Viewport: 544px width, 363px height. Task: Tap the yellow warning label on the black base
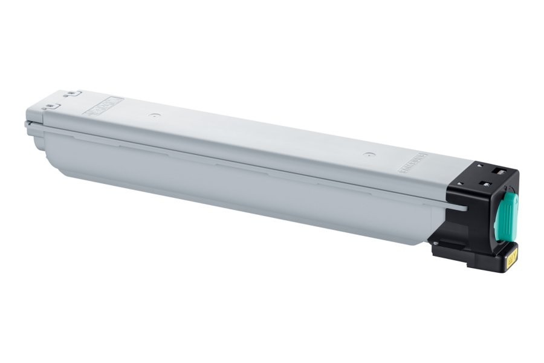512,258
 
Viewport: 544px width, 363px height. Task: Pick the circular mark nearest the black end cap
366,154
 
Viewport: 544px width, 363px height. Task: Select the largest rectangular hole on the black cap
499,172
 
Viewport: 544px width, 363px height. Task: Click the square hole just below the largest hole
485,184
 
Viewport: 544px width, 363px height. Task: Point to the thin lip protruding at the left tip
27,125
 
